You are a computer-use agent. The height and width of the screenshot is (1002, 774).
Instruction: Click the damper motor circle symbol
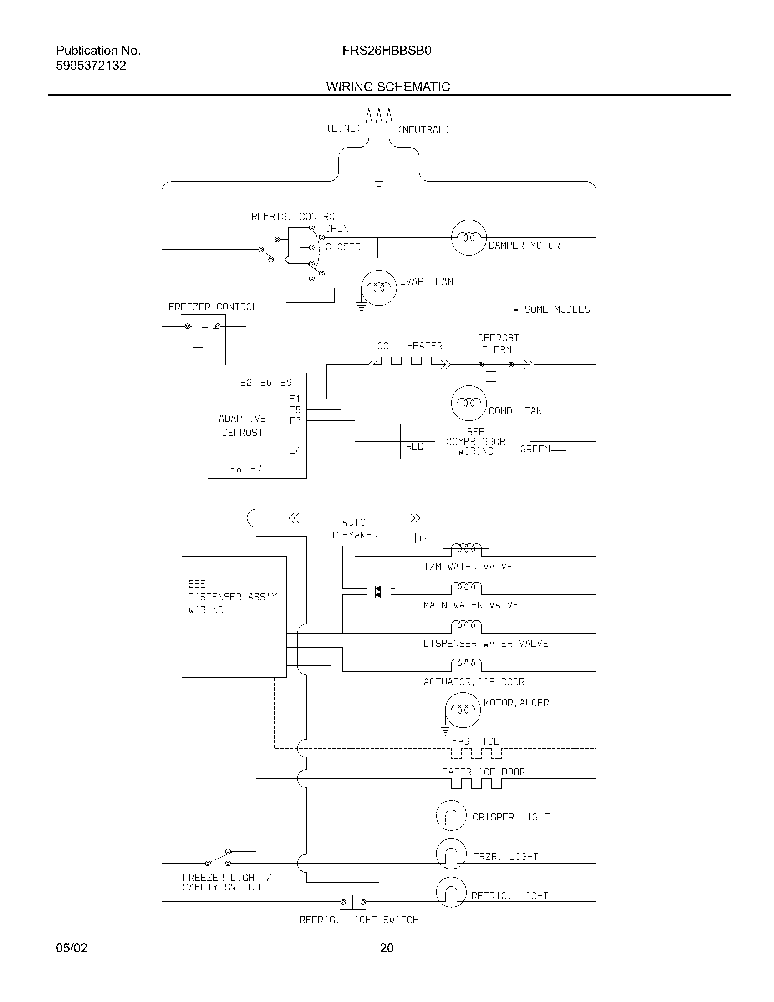[x=468, y=237]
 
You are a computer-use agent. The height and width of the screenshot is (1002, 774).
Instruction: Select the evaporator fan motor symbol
[x=378, y=288]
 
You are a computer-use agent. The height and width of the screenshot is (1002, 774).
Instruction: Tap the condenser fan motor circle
[x=468, y=403]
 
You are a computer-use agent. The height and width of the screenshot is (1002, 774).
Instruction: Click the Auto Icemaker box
[x=354, y=528]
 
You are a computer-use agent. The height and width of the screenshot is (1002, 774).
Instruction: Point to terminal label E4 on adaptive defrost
[x=295, y=450]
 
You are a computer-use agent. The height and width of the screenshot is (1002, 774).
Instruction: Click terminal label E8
[x=236, y=469]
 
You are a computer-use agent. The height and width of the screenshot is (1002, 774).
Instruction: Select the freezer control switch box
[x=203, y=339]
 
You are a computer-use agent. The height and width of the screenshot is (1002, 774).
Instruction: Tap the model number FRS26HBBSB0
[x=387, y=51]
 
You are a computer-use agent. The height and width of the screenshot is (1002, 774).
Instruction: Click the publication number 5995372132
[x=91, y=66]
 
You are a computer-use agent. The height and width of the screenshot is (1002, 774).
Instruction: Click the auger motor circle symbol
[x=463, y=710]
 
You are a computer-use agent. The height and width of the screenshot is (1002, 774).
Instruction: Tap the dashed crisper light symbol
[x=451, y=815]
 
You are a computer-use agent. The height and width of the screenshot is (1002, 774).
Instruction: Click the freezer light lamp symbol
[x=451, y=854]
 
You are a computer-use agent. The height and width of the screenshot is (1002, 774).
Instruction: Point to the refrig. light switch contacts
[x=352, y=901]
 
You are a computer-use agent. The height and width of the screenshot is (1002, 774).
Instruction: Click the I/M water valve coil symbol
[x=466, y=548]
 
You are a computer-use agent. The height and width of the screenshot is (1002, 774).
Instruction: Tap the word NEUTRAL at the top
[x=423, y=130]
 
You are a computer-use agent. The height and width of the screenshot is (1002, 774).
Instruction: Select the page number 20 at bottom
[x=387, y=948]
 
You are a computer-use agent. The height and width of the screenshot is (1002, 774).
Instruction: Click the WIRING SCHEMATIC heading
[x=388, y=87]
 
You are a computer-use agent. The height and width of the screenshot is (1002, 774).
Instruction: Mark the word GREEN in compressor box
[x=535, y=449]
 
